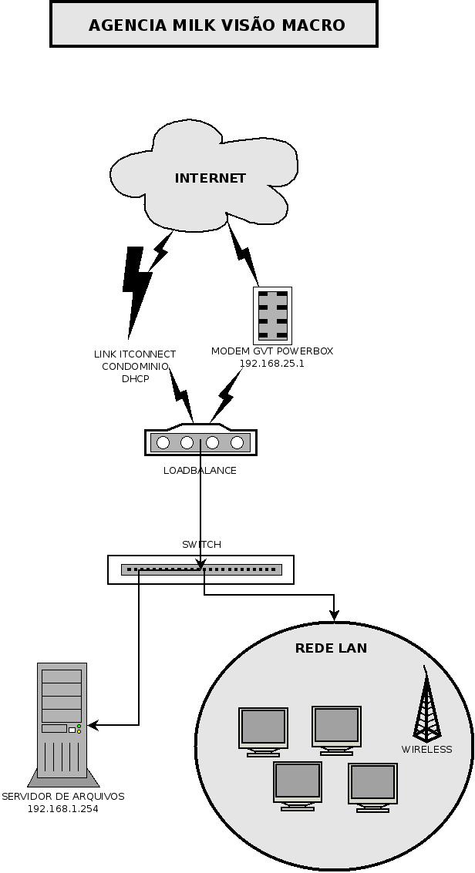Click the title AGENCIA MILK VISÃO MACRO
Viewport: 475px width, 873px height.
point(217,25)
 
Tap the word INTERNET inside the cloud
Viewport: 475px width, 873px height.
point(211,178)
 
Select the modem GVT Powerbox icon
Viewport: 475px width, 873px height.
point(272,316)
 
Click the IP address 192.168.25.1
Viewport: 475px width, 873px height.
point(271,364)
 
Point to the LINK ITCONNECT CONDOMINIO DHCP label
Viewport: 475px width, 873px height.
point(135,366)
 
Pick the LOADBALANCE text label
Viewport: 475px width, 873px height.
point(200,471)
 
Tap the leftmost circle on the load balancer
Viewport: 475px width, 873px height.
point(163,442)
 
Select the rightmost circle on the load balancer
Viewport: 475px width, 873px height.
point(237,442)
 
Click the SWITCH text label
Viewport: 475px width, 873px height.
point(201,545)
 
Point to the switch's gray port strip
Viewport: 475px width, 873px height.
point(201,569)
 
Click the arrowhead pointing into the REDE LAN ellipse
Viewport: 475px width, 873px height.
point(334,615)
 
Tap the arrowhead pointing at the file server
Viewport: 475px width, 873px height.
point(93,725)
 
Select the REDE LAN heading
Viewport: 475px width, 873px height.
point(331,648)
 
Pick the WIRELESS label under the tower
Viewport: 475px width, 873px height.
point(426,750)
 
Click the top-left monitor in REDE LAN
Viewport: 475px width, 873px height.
point(264,732)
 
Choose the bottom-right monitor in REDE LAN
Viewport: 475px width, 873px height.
point(373,787)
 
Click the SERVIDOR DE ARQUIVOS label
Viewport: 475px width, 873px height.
point(63,796)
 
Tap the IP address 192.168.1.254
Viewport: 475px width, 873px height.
point(63,808)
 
